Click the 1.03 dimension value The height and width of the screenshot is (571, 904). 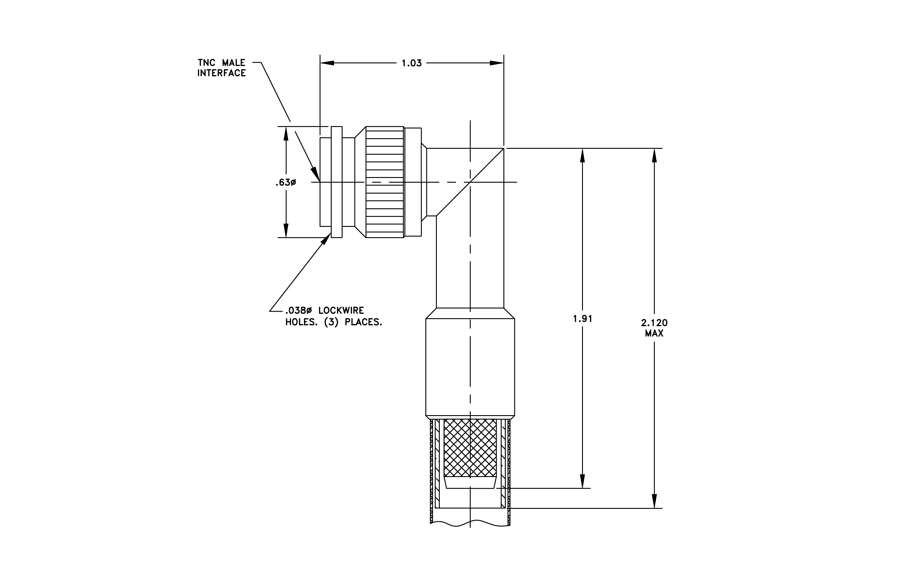point(411,63)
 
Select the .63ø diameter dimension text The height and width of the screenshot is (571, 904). point(285,182)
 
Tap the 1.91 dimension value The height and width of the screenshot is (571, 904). point(582,319)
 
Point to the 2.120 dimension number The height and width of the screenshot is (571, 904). point(654,323)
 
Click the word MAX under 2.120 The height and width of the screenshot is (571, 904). point(654,333)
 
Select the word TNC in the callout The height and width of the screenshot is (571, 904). point(206,63)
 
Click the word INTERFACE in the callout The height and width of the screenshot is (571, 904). point(222,73)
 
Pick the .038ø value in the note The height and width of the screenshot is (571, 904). point(298,311)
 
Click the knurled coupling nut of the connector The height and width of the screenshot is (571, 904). point(384,182)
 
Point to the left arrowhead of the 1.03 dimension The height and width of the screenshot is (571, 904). point(327,63)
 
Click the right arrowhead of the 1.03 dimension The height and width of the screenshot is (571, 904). point(497,63)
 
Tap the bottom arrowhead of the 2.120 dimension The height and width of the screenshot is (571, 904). point(654,501)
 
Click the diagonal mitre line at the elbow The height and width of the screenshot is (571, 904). point(470,182)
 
